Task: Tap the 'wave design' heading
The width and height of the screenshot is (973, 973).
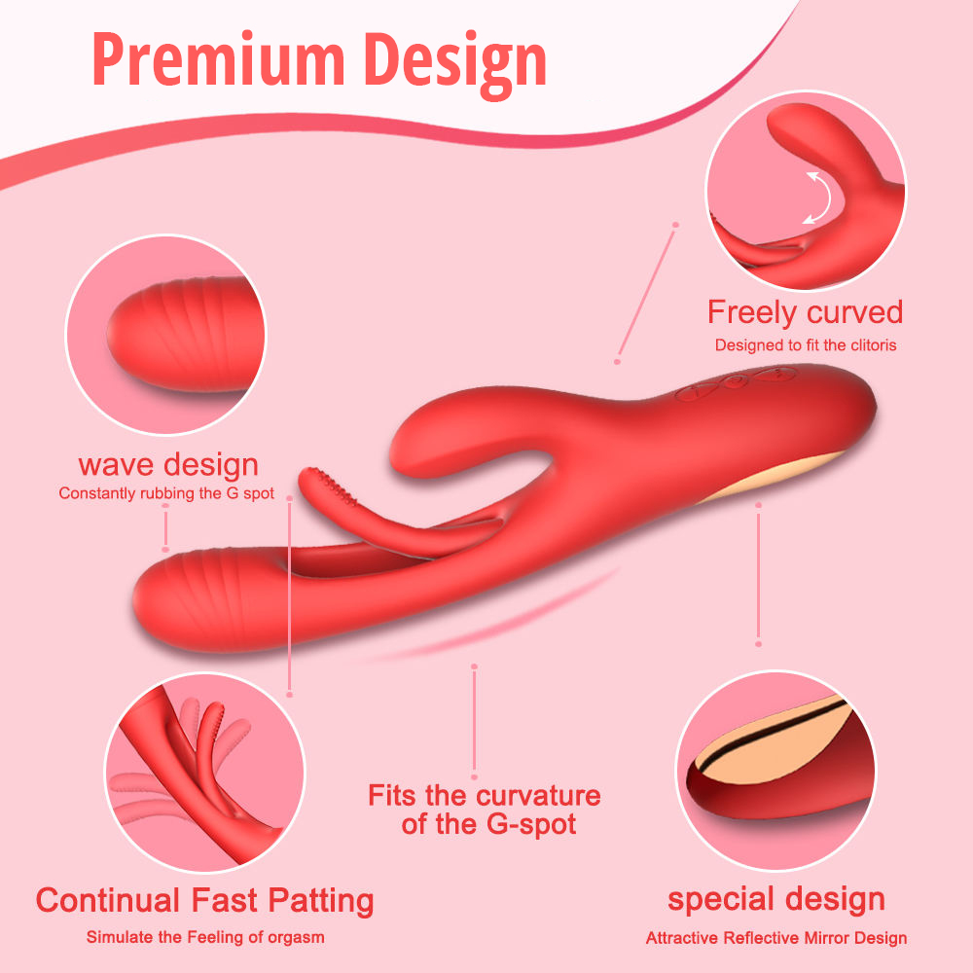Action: coord(168,464)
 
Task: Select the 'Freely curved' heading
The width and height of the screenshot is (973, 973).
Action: coord(805,312)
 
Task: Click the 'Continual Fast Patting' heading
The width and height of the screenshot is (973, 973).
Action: coord(204,900)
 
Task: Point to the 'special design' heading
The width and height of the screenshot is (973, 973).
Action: coord(775,899)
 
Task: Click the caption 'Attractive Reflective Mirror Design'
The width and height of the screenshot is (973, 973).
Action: coord(775,939)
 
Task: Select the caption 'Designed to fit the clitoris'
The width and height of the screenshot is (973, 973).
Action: coord(805,344)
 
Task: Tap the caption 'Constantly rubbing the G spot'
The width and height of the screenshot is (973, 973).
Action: coord(166,493)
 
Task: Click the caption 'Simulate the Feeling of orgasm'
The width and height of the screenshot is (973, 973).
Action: coord(205,938)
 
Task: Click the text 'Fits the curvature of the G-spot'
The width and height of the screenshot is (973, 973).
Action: coord(484,810)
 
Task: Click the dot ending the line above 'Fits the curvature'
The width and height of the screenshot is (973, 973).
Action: coord(474,667)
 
